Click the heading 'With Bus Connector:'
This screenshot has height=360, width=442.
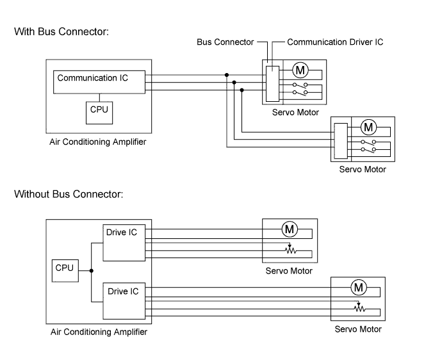pos(61,31)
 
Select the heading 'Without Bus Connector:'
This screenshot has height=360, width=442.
pos(69,193)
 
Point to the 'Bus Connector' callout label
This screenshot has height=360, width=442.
pos(225,42)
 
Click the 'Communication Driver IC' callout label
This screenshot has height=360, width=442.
pos(335,42)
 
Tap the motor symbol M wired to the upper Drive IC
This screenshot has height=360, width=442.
pos(289,229)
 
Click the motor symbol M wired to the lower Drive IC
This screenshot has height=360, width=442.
pos(358,287)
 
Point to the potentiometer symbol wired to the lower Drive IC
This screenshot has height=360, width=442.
pos(359,308)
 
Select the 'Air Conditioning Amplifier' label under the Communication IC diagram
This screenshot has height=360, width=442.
pos(98,142)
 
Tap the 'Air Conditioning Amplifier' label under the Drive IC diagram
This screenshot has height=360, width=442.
pos(99,332)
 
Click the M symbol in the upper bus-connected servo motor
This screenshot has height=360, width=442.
pos(300,70)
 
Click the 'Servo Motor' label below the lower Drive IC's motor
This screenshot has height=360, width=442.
pos(358,329)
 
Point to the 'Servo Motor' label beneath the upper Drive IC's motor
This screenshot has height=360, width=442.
pos(290,271)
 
